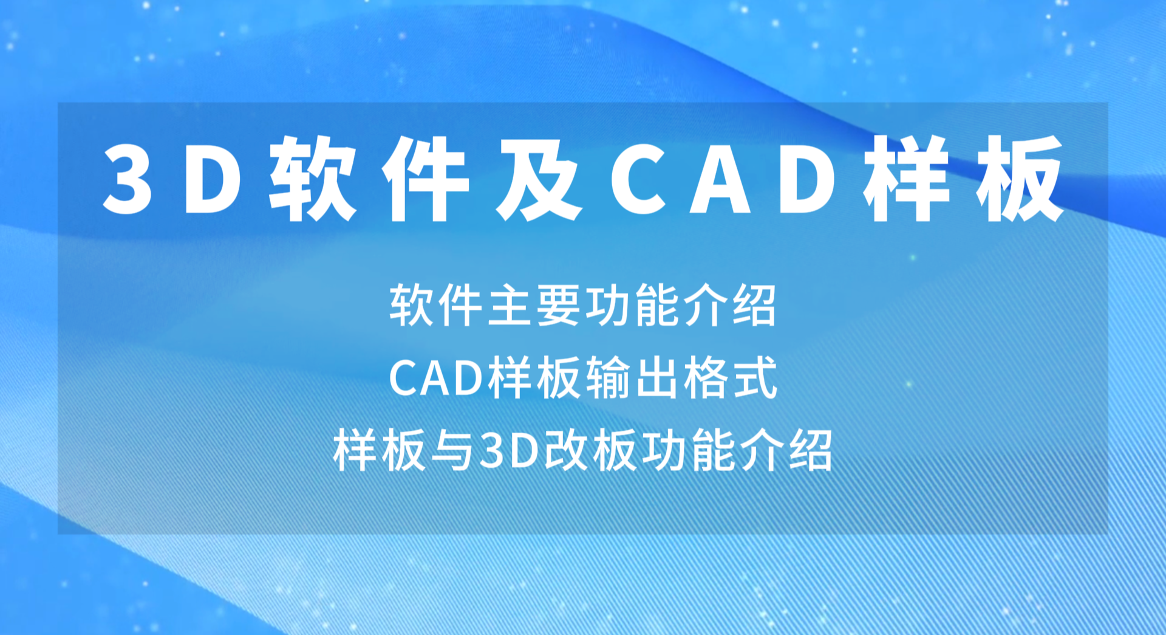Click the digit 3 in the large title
click(127, 180)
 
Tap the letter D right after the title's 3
click(213, 180)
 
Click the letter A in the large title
click(720, 180)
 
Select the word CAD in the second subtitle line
click(436, 378)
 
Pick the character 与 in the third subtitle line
click(452, 450)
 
